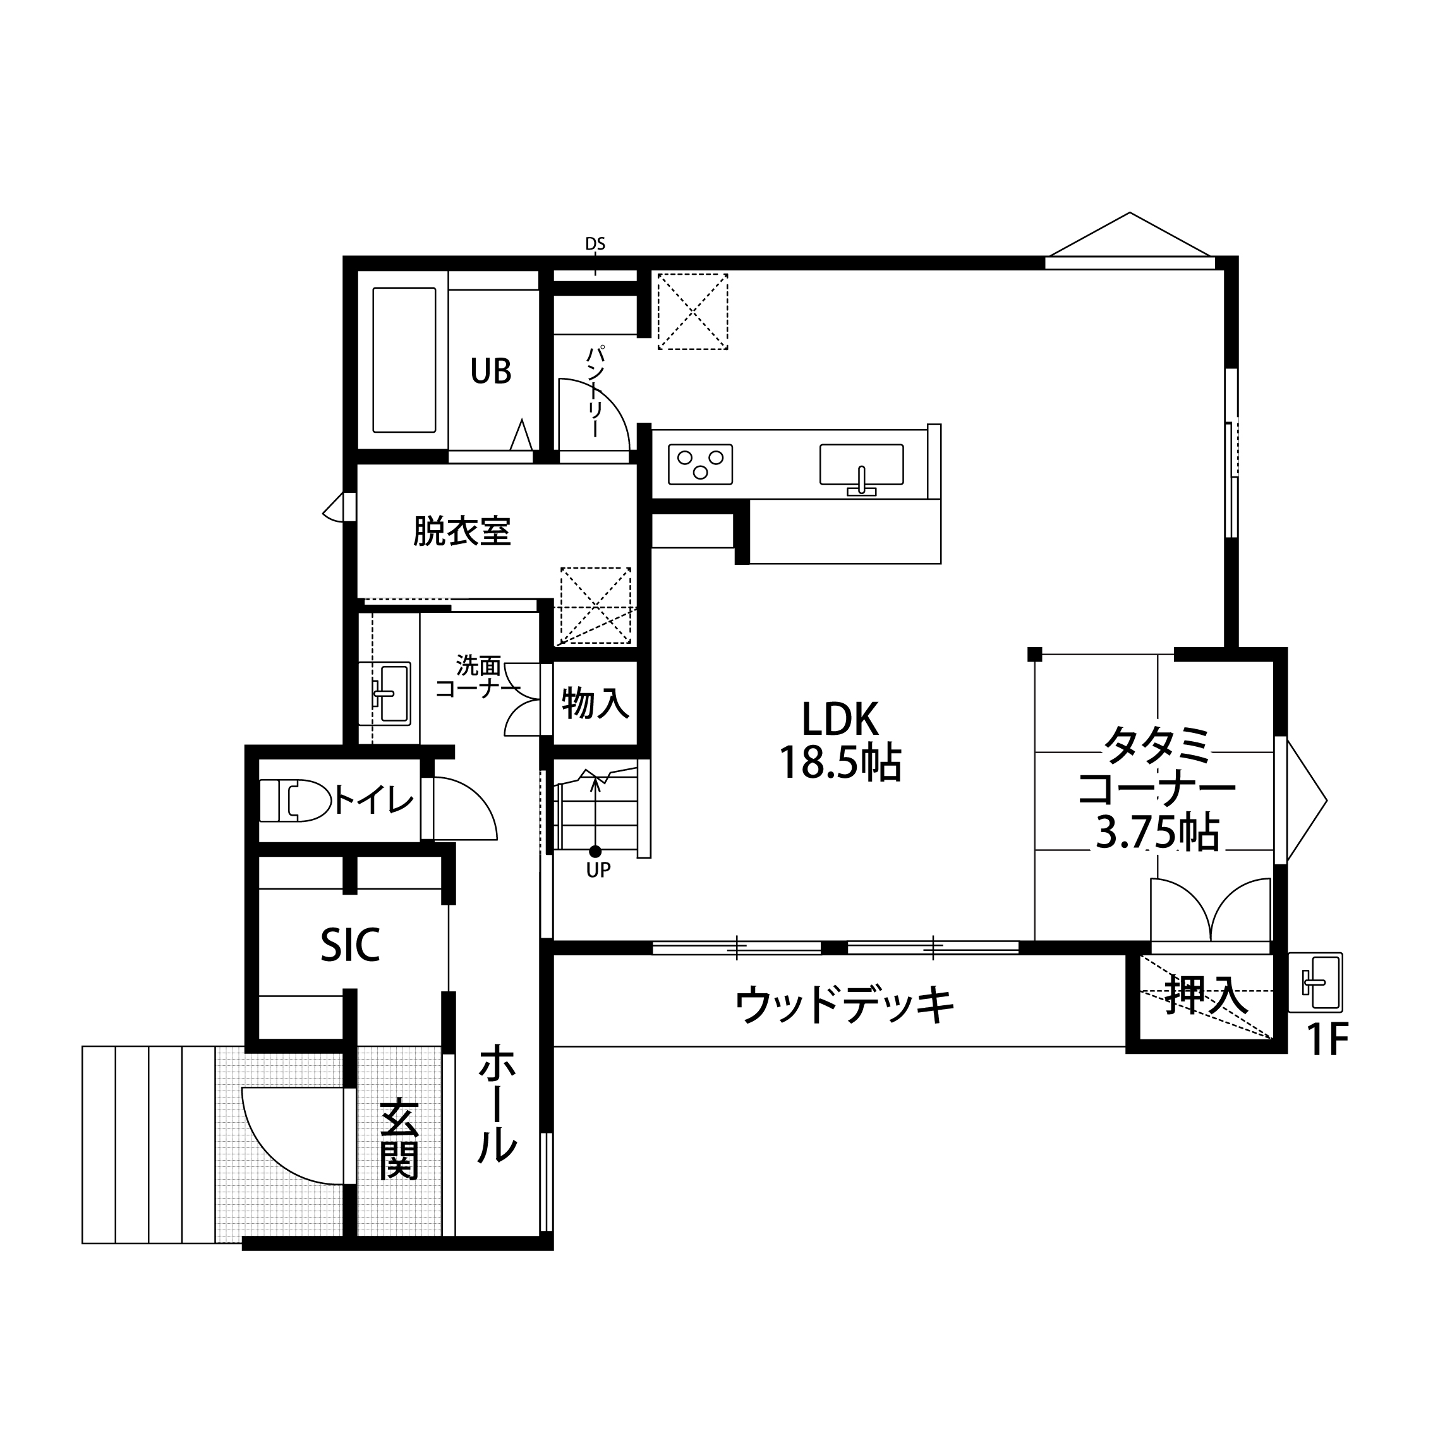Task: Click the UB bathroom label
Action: pyautogui.click(x=491, y=370)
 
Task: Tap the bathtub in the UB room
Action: pyautogui.click(x=404, y=360)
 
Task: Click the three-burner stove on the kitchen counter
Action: pyautogui.click(x=700, y=464)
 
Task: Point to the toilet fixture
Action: pyautogui.click(x=295, y=801)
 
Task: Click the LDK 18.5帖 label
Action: pyautogui.click(x=840, y=741)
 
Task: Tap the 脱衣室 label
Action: pyautogui.click(x=462, y=531)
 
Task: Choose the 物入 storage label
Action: pyautogui.click(x=596, y=703)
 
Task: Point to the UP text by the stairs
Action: pyautogui.click(x=598, y=871)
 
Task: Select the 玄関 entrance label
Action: pyautogui.click(x=399, y=1139)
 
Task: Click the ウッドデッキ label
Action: pyautogui.click(x=844, y=1005)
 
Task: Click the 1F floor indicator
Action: pyautogui.click(x=1326, y=1041)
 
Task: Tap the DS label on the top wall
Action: pyautogui.click(x=595, y=243)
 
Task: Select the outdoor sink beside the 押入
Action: pyautogui.click(x=1315, y=982)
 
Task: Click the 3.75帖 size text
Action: pyautogui.click(x=1157, y=833)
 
